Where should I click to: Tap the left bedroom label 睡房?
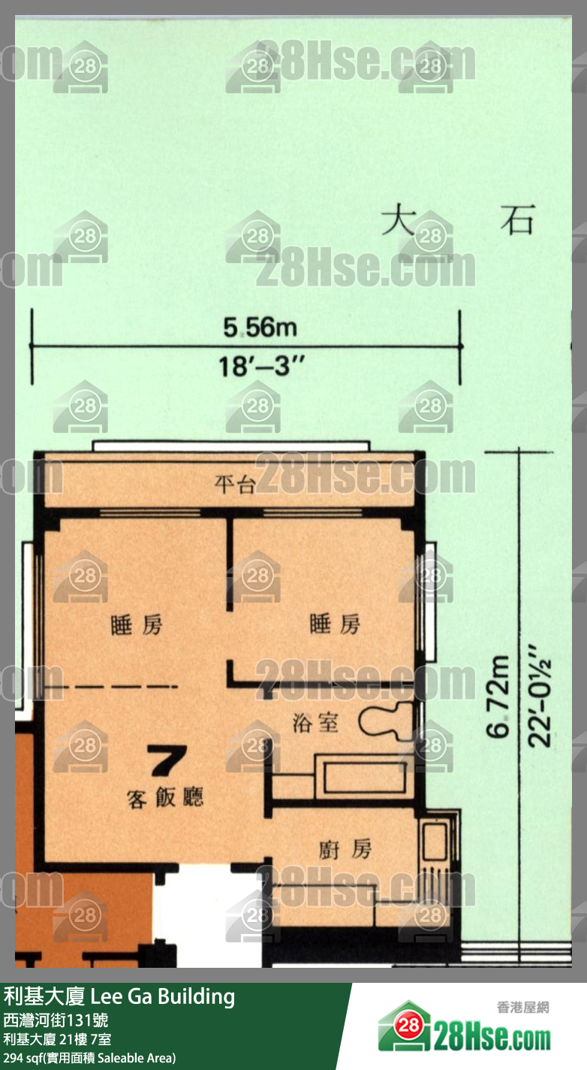137,624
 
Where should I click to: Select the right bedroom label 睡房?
335,624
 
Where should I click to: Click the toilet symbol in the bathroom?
385,722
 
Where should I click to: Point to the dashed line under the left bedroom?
113,687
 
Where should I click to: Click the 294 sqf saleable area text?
89,1058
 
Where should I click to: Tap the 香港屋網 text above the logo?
522,1007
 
